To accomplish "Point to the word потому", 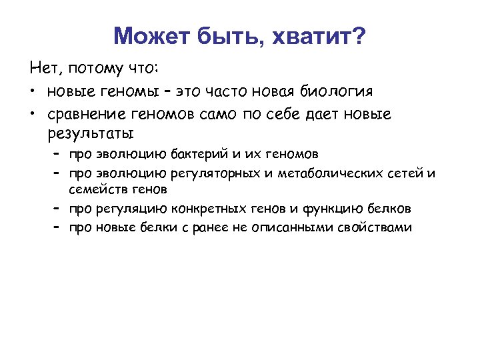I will tap(95, 69).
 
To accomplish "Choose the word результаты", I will tap(91, 131).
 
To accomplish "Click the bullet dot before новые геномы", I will tap(32, 91).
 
